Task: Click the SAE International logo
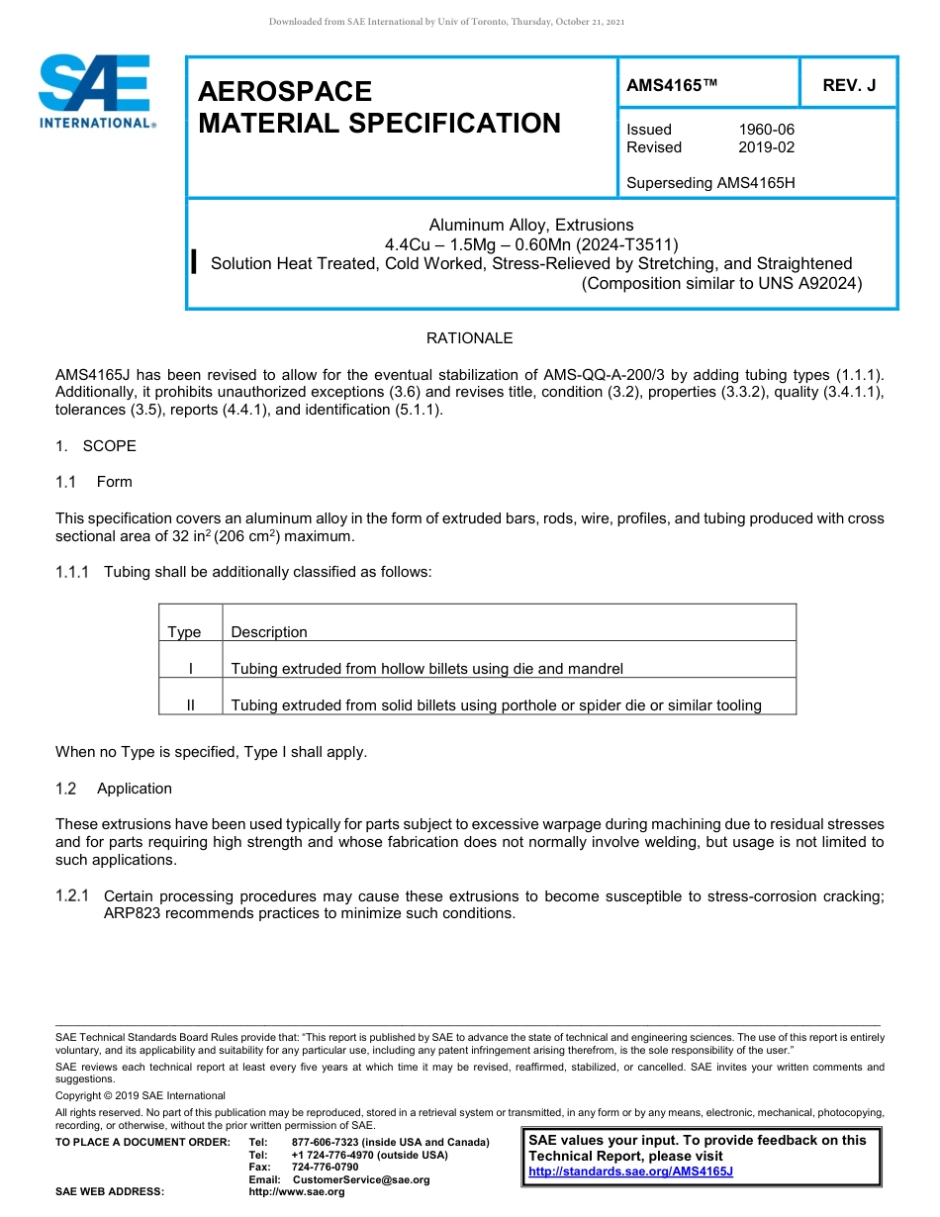click(96, 91)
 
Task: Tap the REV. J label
click(849, 86)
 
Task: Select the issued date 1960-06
click(766, 130)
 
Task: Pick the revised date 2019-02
click(766, 147)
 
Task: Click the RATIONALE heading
click(469, 338)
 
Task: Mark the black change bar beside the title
click(194, 262)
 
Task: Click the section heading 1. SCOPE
click(96, 446)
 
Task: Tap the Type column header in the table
click(184, 632)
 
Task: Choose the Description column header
click(269, 632)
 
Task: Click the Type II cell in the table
click(190, 705)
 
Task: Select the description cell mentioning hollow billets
click(426, 669)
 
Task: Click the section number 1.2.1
click(72, 896)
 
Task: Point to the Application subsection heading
click(135, 789)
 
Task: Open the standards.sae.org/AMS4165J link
click(630, 1171)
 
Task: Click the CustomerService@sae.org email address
click(361, 1179)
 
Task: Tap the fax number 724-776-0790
click(326, 1168)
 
